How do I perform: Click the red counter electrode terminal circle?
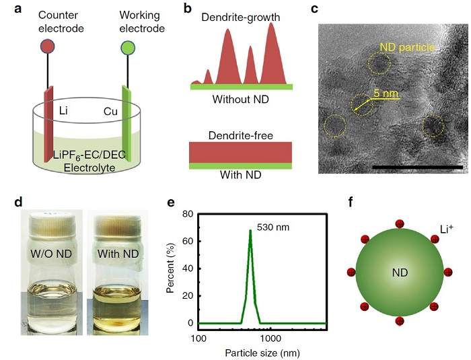coord(48,46)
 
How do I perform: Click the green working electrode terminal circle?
coord(128,48)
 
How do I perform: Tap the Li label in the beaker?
coord(63,110)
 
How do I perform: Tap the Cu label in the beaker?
coord(110,112)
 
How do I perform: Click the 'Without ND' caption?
coord(241,99)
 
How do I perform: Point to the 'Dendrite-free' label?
coord(241,135)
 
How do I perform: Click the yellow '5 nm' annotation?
coord(386,93)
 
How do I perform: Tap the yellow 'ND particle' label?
coord(407,47)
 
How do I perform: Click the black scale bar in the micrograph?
coord(418,167)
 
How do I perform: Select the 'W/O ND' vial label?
coord(51,254)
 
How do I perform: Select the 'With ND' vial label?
coord(118,254)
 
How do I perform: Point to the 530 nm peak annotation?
coord(273,227)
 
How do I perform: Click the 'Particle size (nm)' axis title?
coord(262,353)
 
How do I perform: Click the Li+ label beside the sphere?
coord(446,229)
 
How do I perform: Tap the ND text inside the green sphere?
coord(400,273)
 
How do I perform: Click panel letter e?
coord(171,203)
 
